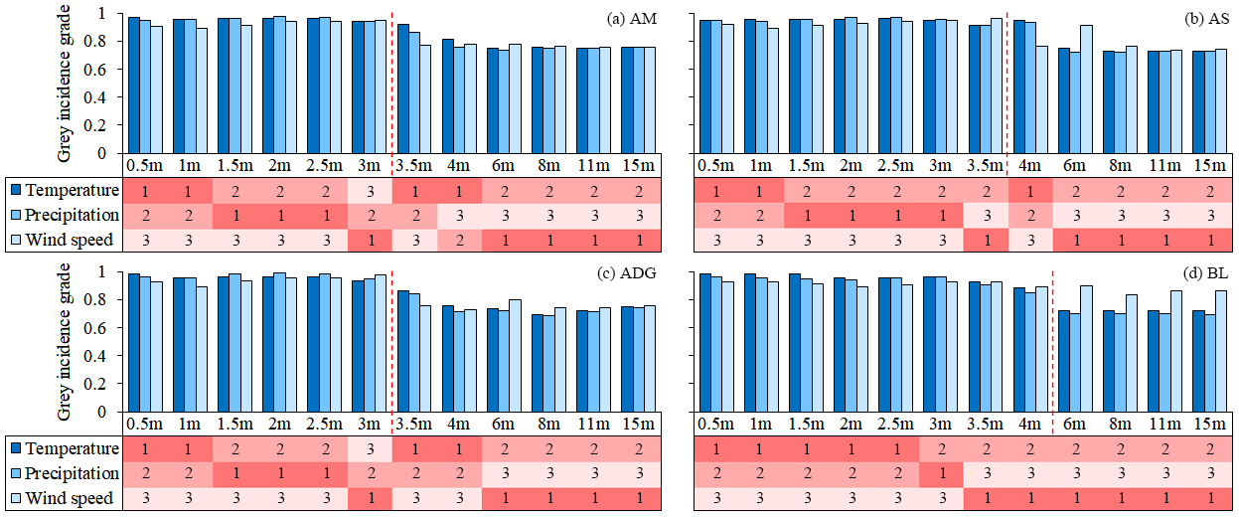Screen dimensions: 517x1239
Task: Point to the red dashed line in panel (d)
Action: point(1052,338)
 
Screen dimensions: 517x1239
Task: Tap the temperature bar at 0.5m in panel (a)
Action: point(133,86)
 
